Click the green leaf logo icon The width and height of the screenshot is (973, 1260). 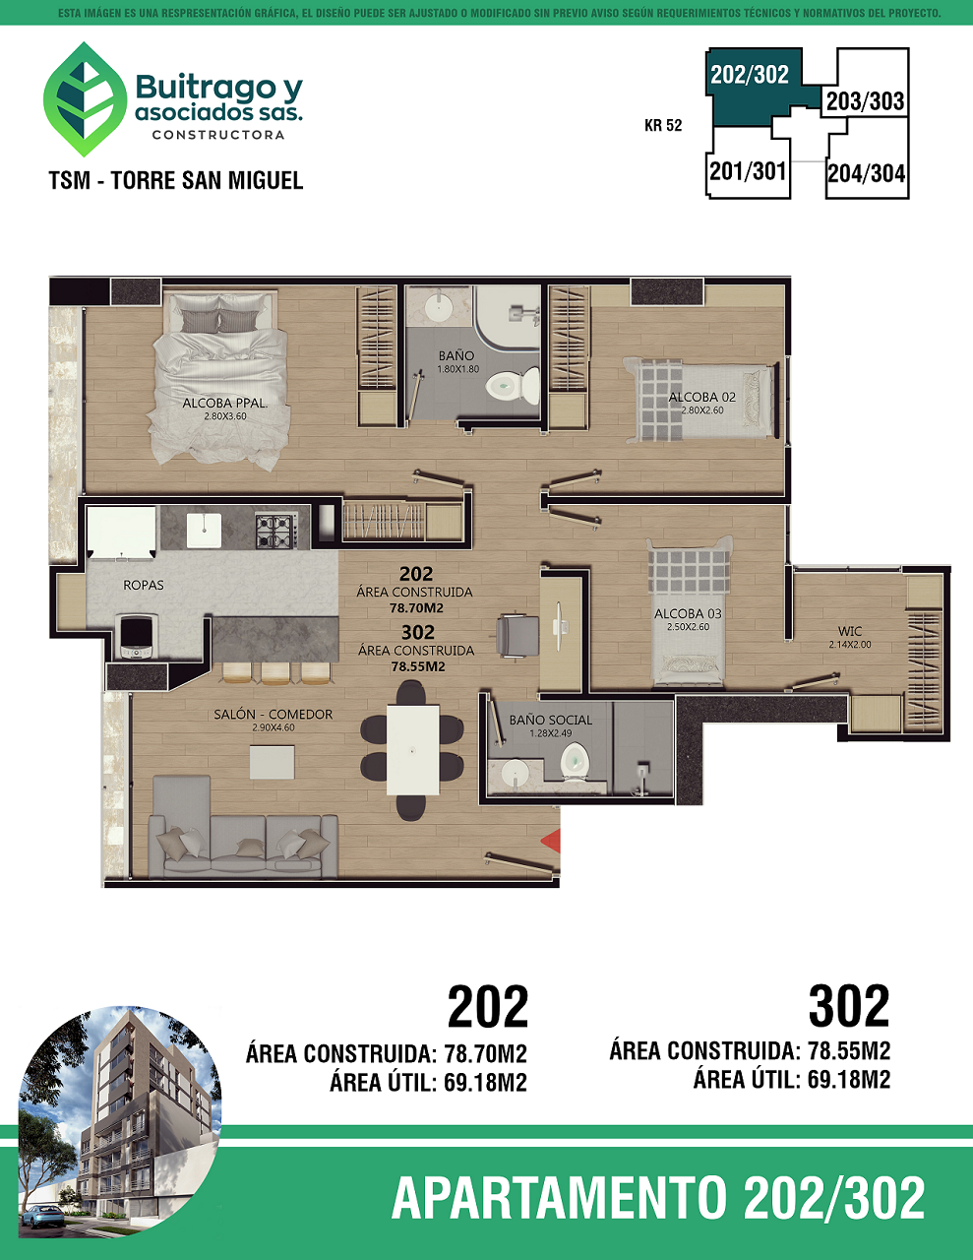click(85, 99)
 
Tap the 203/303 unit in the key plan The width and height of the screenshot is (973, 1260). click(865, 101)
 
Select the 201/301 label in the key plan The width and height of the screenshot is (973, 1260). click(748, 171)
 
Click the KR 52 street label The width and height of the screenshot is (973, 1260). click(663, 125)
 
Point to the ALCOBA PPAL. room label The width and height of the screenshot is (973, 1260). click(225, 403)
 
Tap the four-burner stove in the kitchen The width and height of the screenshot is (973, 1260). click(274, 531)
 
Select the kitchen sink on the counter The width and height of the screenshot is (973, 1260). click(204, 531)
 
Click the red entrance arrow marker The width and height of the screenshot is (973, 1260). click(551, 841)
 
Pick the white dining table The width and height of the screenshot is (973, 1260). click(412, 750)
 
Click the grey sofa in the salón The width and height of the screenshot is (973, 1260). click(243, 846)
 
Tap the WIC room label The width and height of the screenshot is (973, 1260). click(850, 631)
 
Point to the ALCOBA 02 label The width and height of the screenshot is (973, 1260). click(701, 397)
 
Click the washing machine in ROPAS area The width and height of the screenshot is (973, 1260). click(137, 636)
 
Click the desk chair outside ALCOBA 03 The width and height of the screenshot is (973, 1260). click(517, 636)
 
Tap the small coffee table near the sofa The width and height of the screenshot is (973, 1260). click(272, 762)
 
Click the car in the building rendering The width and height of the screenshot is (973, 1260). click(43, 1215)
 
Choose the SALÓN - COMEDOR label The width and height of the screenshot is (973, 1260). click(273, 715)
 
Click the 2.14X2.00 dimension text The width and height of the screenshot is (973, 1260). click(850, 644)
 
